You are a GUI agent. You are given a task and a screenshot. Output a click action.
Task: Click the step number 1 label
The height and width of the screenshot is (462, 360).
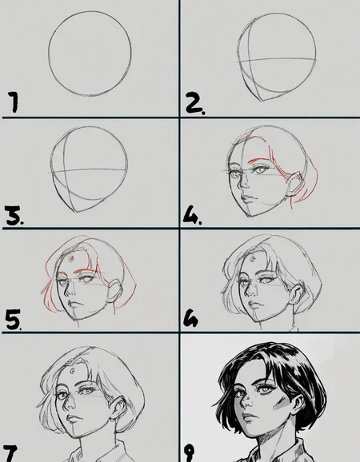pyautogui.click(x=13, y=102)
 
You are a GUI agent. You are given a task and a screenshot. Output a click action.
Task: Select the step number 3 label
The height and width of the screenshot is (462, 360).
pyautogui.click(x=14, y=216)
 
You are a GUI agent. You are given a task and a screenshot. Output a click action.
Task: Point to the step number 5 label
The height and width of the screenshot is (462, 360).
pyautogui.click(x=14, y=319)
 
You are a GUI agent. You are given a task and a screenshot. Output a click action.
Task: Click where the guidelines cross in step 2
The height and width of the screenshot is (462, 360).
pyautogui.click(x=250, y=61)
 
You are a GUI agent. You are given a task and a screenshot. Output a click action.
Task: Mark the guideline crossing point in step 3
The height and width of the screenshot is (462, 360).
pyautogui.click(x=65, y=170)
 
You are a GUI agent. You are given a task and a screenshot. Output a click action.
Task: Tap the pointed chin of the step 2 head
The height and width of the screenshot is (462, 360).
pyautogui.click(x=262, y=101)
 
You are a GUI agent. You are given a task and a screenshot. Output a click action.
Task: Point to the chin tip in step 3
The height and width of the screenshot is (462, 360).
pyautogui.click(x=75, y=212)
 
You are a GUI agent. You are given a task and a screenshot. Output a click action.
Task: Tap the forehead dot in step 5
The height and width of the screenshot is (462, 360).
pyautogui.click(x=71, y=259)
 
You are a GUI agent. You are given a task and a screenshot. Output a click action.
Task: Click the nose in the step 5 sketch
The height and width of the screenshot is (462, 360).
pyautogui.click(x=70, y=292)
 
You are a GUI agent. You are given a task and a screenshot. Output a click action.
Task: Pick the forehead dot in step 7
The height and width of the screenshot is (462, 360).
pyautogui.click(x=72, y=371)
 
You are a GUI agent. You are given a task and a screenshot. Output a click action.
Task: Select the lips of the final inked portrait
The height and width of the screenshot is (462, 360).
pyautogui.click(x=250, y=417)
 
